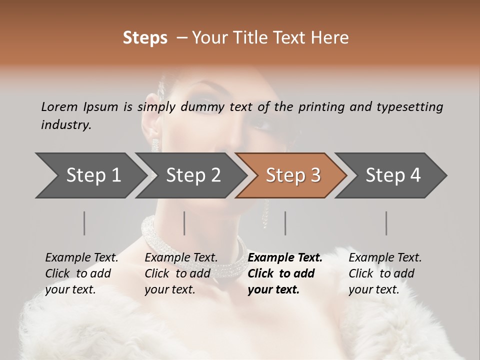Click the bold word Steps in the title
coord(145,38)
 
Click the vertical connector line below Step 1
coord(84,223)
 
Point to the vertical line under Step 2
coord(184,223)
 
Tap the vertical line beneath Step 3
coord(285,223)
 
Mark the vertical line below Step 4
coord(386,223)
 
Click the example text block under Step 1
coord(81,273)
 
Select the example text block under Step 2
coord(181,273)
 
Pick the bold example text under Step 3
coord(285,273)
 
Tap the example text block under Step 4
coord(385,273)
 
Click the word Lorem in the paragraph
coord(59,106)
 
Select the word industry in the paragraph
coord(66,125)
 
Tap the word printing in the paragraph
coord(320,107)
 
